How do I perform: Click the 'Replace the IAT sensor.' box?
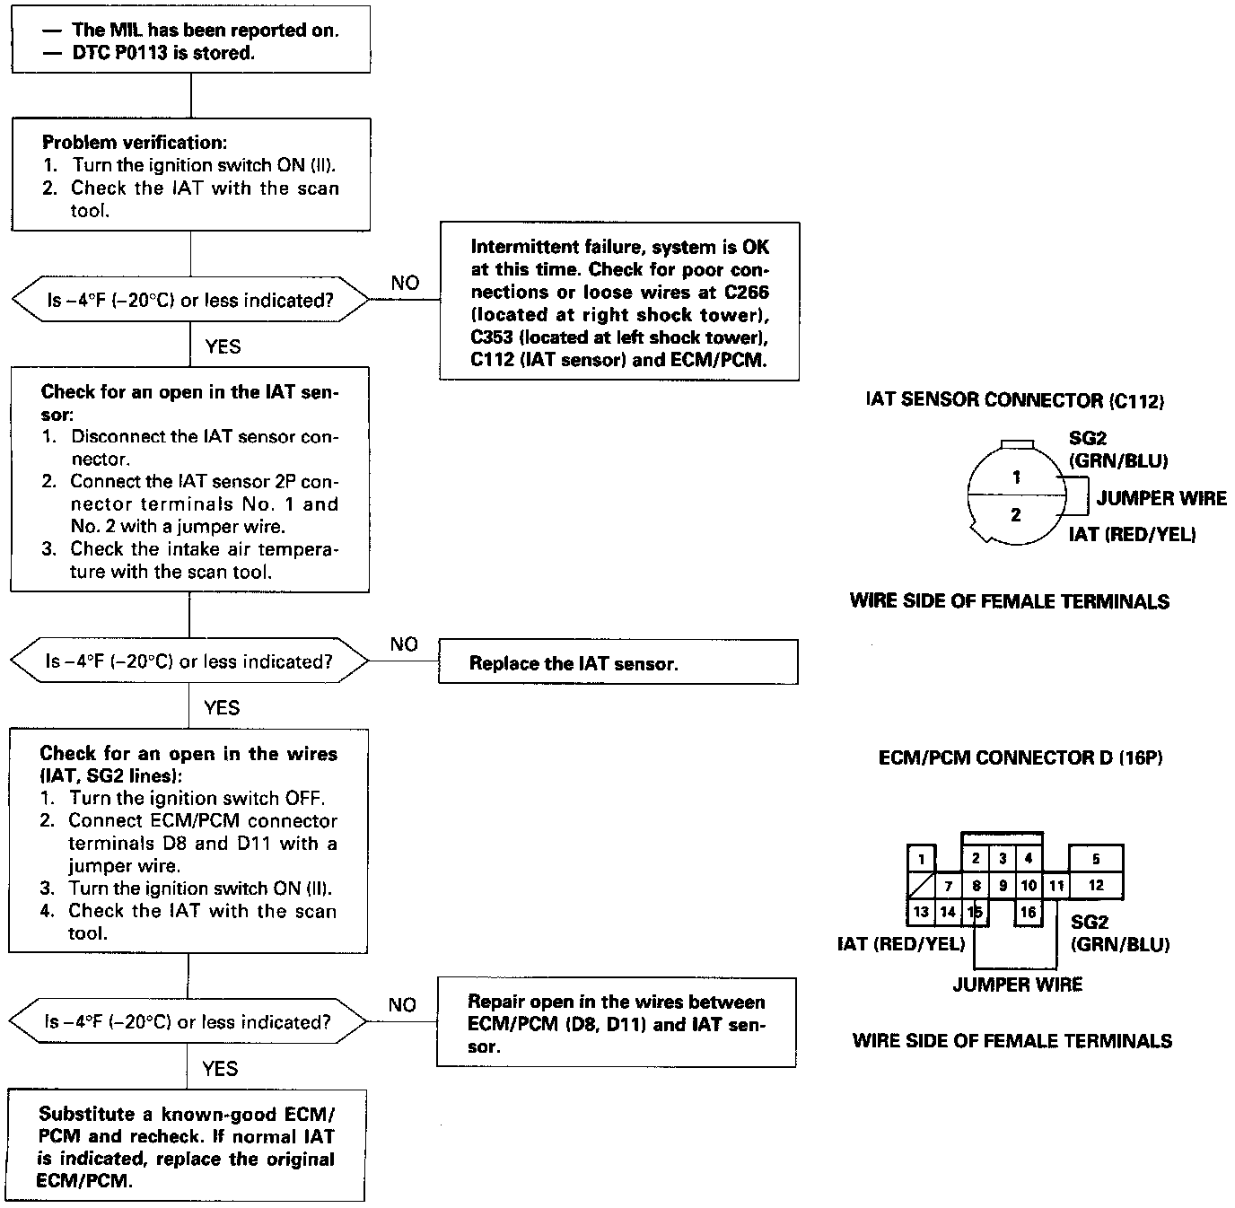[x=617, y=662]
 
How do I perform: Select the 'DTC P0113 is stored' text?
[x=163, y=53]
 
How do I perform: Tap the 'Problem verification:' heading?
[x=134, y=142]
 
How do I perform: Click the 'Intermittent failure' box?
[x=619, y=302]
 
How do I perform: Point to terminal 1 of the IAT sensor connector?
[x=1016, y=477]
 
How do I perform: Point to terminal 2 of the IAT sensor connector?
[x=1016, y=515]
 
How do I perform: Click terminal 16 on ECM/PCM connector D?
[x=1029, y=912]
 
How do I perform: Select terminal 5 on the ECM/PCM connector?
[x=1096, y=859]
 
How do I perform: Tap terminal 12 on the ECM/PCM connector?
[x=1096, y=885]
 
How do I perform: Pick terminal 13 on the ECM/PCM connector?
[x=921, y=912]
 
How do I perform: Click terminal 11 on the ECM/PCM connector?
[x=1056, y=886]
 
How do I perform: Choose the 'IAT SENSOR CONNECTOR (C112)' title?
[x=1014, y=400]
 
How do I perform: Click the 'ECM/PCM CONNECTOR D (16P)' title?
[x=1020, y=757]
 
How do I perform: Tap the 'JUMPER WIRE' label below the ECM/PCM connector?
[x=1017, y=985]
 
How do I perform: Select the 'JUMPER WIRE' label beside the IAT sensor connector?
[x=1161, y=498]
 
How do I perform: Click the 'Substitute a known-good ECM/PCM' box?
[x=187, y=1146]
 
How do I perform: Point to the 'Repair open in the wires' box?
[x=617, y=1023]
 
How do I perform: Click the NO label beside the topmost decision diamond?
[x=405, y=283]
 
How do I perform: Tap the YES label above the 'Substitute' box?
[x=220, y=1068]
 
